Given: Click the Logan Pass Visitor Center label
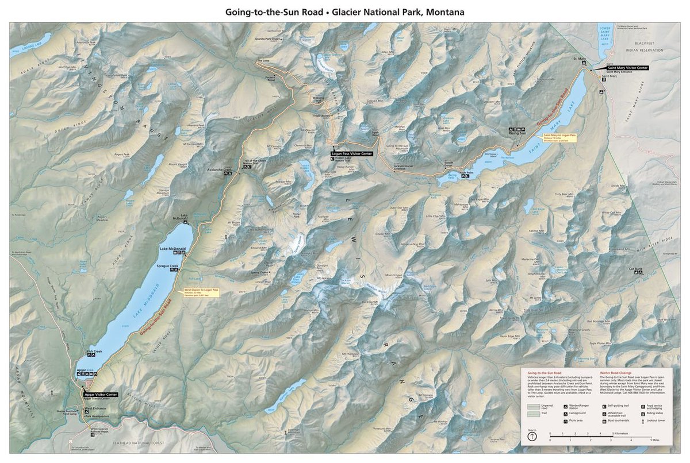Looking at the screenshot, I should (x=352, y=154).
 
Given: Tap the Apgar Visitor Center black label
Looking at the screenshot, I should (x=101, y=395).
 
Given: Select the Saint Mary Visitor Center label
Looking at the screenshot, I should (x=628, y=68).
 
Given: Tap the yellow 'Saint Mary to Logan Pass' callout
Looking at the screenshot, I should (x=559, y=138).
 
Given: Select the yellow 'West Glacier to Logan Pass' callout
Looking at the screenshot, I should (x=201, y=292).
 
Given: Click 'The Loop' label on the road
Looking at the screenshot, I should (x=263, y=60).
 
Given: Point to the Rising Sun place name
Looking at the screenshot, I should (x=517, y=133).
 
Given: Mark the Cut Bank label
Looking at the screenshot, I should (x=635, y=269).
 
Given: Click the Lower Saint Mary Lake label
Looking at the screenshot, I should (x=604, y=34).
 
